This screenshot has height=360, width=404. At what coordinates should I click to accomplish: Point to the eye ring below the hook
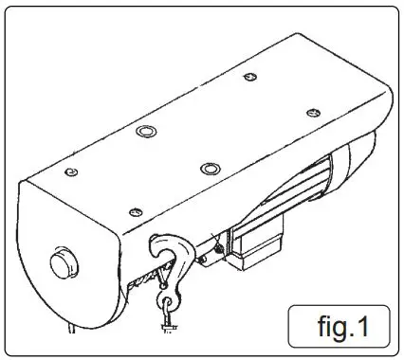168,305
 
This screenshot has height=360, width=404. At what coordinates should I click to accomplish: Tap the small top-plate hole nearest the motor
310,113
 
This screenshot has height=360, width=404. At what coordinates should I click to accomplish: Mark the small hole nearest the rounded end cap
72,171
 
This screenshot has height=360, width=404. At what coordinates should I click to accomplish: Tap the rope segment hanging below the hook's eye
166,327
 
